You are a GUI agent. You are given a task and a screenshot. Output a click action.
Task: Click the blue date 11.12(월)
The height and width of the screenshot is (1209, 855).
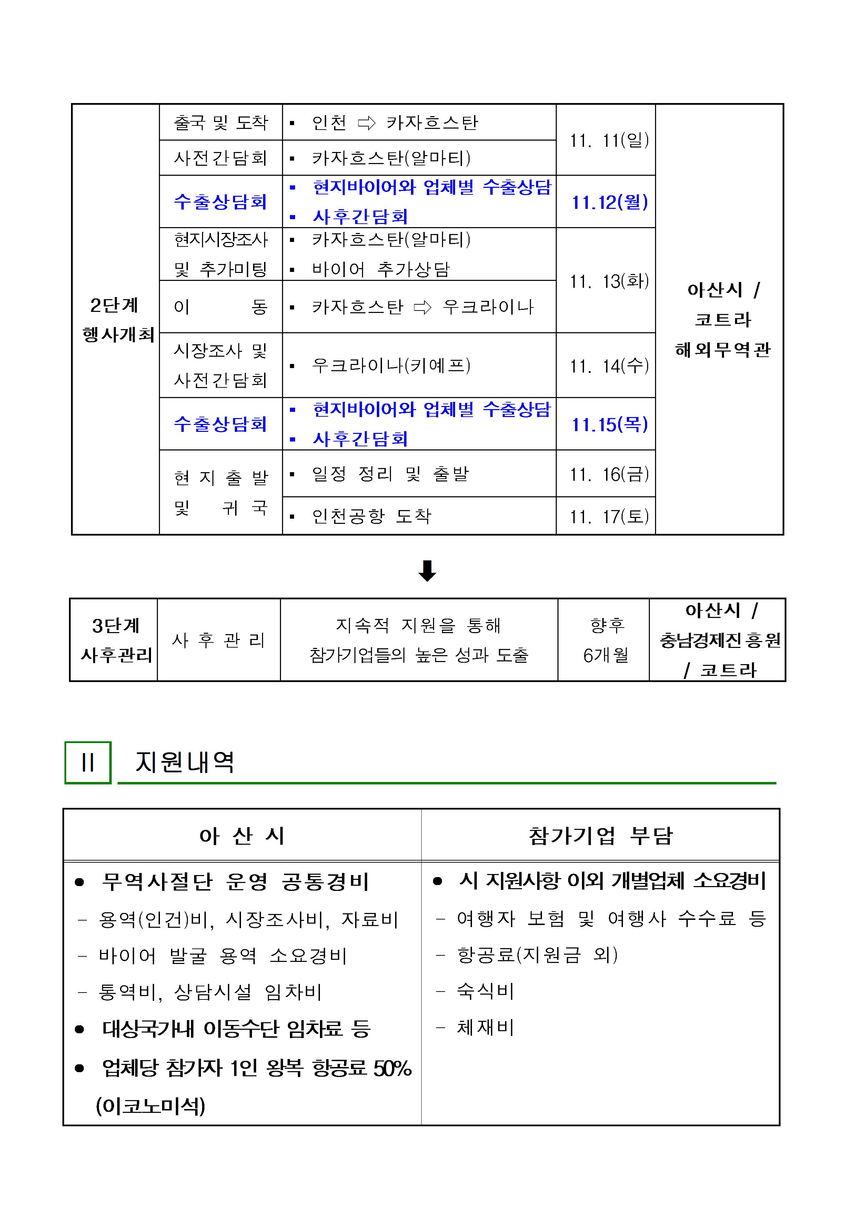click(610, 202)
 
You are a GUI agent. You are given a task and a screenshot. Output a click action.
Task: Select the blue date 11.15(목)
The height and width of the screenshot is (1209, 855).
click(610, 424)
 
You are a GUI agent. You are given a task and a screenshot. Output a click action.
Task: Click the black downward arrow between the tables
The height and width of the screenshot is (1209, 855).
click(427, 571)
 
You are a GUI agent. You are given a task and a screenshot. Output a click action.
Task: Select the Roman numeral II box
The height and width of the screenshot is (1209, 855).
click(88, 762)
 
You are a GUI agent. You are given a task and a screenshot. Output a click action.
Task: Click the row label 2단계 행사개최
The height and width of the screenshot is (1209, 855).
click(116, 319)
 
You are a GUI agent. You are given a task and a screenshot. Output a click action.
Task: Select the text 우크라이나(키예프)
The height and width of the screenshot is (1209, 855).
click(391, 365)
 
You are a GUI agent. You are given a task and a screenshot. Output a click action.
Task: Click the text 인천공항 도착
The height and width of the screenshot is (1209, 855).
click(371, 516)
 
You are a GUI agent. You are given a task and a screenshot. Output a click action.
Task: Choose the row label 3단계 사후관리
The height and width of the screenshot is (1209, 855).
click(115, 640)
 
